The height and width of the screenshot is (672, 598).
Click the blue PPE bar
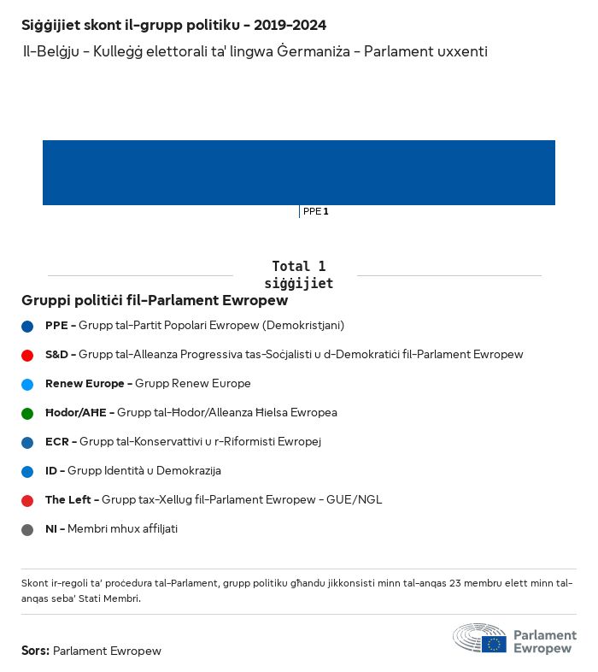pos(299,173)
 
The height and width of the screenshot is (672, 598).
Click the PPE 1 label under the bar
pos(315,211)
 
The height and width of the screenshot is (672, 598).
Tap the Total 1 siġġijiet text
pos(298,274)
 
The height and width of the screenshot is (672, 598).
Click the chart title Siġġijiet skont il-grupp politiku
pos(173,26)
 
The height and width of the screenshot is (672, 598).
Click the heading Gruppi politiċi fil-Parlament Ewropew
pos(155,301)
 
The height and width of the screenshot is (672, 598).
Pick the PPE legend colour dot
pos(27,326)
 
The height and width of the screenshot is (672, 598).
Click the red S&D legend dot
pos(27,355)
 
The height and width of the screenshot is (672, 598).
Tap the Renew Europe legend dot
pos(27,384)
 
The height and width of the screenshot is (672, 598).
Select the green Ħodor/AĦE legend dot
pos(27,413)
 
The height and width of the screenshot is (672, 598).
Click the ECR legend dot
pos(27,442)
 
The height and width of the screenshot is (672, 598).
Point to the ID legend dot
pos(27,471)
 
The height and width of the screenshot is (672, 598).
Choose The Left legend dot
pos(27,500)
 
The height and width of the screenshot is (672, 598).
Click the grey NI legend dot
pos(27,529)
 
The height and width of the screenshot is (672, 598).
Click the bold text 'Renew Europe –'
pos(89,384)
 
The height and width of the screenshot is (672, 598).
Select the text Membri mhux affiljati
pos(123,529)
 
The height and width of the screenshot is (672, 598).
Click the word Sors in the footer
pos(34,651)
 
